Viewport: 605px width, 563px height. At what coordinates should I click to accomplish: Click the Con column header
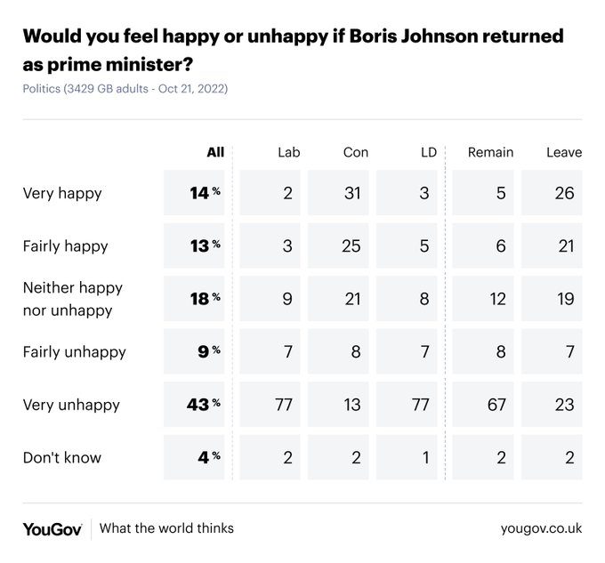point(355,152)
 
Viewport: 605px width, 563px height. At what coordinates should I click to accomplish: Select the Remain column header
point(490,152)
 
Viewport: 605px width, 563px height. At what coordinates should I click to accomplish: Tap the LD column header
point(428,152)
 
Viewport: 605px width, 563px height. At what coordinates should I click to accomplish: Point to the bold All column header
point(215,152)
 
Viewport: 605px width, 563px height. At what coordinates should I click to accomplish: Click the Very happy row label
point(62,193)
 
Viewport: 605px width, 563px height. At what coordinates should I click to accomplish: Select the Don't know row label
point(62,458)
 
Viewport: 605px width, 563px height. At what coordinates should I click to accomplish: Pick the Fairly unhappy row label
point(75,352)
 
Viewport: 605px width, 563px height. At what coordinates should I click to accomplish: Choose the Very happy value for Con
point(352,193)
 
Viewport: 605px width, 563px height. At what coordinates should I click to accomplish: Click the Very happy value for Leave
point(564,193)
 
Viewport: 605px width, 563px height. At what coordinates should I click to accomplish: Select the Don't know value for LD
point(425,458)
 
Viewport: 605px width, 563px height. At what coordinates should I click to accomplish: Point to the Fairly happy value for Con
point(352,246)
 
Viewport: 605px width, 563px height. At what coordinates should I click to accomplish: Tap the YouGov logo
point(52,528)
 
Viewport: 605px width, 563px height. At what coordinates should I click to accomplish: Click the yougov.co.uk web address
point(541,528)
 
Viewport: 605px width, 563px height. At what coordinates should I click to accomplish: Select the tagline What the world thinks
point(166,528)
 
